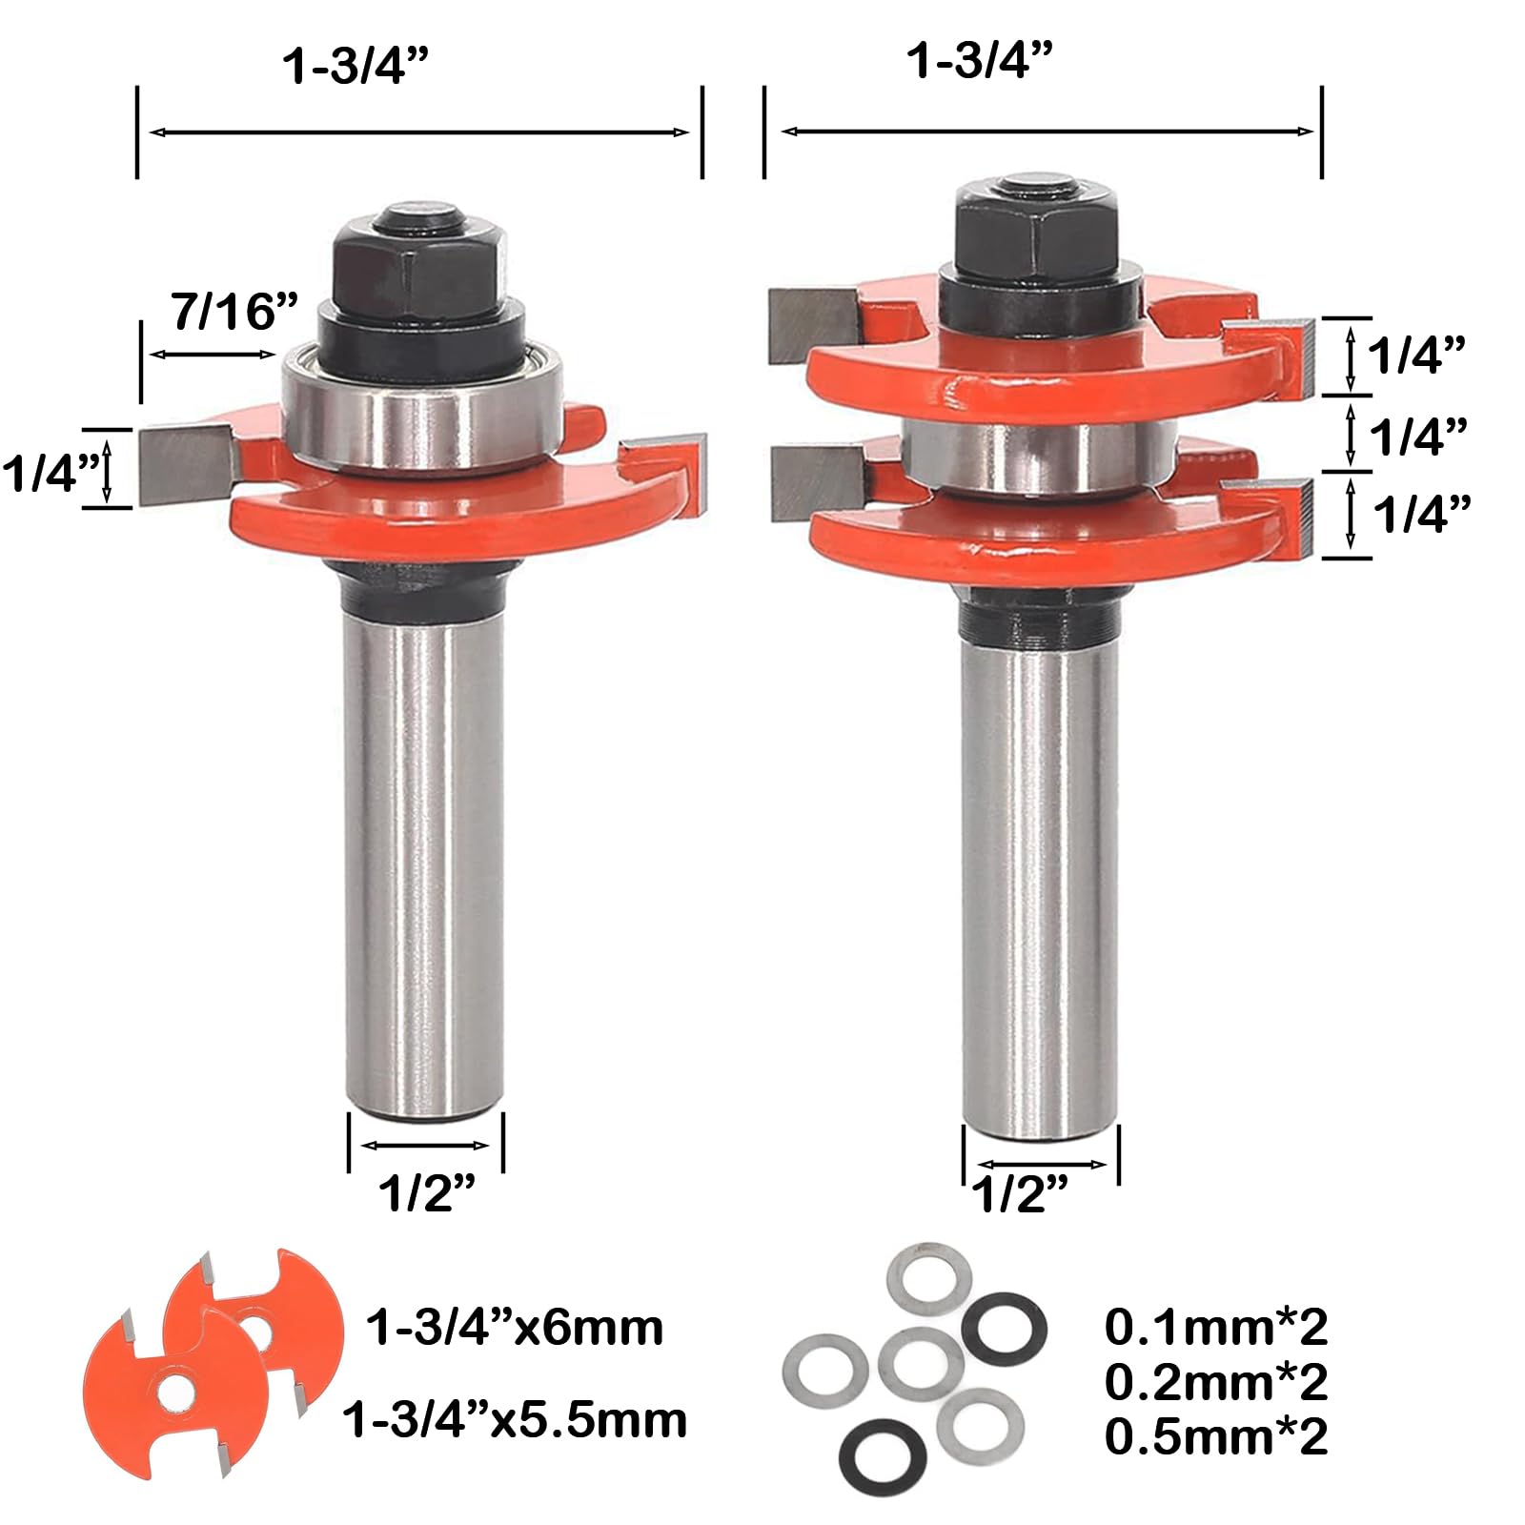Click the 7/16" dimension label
235,312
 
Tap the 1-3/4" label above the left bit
356,67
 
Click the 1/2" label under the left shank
427,1191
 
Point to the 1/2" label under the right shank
1020,1193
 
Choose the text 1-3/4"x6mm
515,1327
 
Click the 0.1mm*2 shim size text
1216,1326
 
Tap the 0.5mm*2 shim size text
1216,1436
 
